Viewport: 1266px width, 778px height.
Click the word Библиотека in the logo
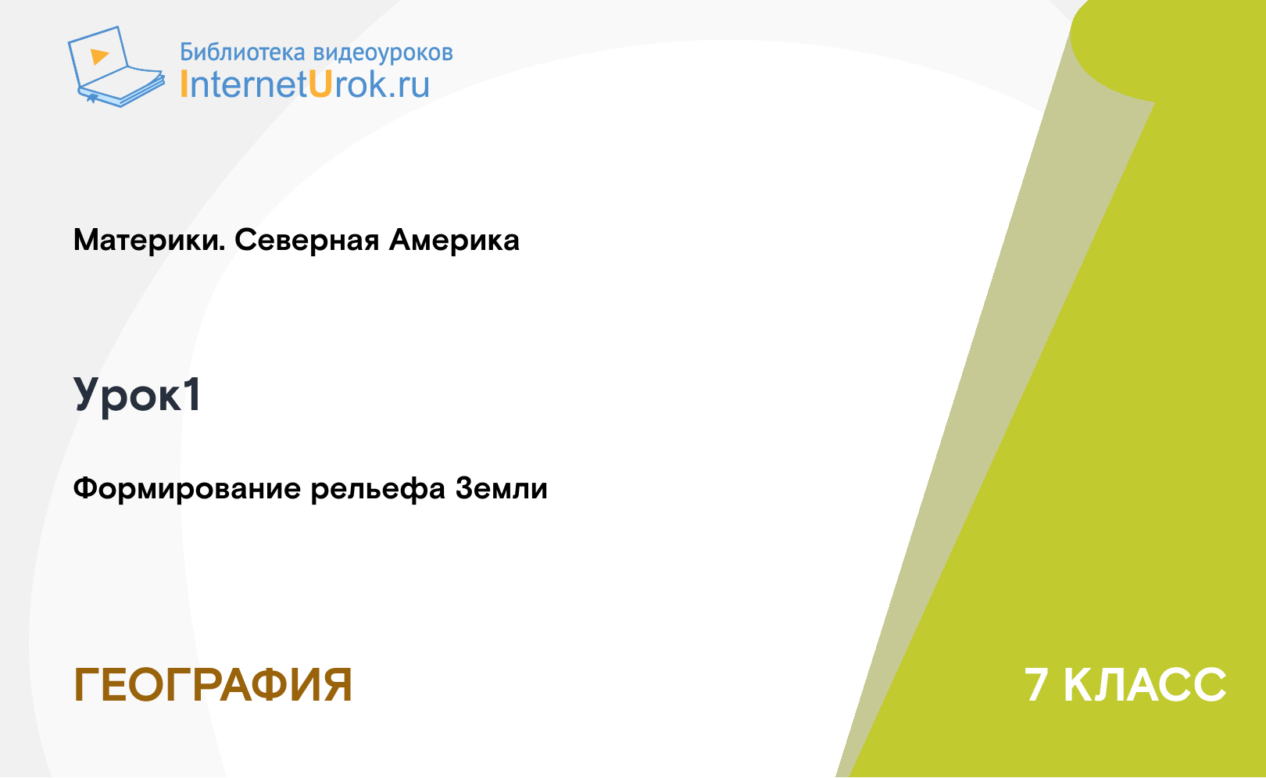point(242,52)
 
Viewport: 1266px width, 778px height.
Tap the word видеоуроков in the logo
point(383,52)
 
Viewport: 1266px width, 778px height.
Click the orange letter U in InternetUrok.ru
point(320,84)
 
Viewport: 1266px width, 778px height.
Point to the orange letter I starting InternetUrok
point(184,84)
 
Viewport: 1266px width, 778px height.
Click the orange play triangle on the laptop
point(99,56)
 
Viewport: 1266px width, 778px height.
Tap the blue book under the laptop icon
point(120,91)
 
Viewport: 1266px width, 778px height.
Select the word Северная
point(306,241)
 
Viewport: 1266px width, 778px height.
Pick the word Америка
point(454,240)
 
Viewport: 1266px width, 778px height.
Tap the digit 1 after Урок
point(191,394)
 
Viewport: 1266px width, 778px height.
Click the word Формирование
point(187,489)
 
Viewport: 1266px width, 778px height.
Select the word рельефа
point(378,489)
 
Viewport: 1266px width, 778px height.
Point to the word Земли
point(501,488)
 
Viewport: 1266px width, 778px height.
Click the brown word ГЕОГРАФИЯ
point(213,685)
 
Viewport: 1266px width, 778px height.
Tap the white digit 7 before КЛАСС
point(1036,685)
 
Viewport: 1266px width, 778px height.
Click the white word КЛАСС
point(1145,685)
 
